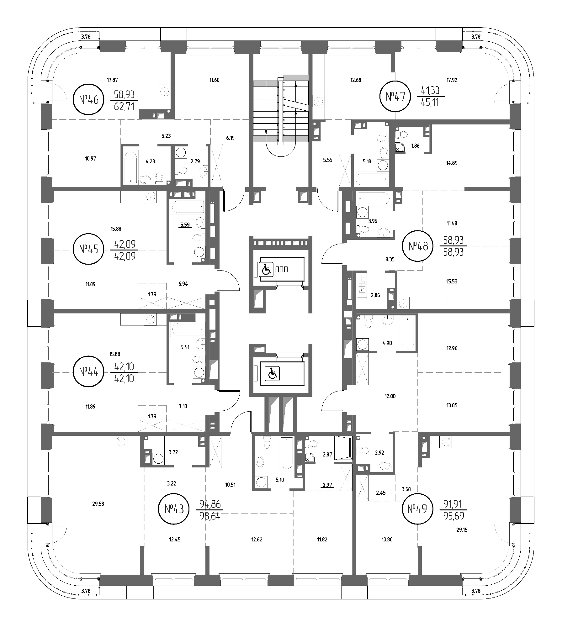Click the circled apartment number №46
point(88,100)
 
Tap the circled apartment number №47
point(395,96)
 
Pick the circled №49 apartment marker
point(417,509)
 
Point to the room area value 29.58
point(98,504)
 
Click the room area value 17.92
point(452,80)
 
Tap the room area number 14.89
point(452,163)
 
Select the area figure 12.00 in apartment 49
point(390,396)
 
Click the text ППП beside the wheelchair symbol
point(281,269)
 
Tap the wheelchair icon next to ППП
point(266,269)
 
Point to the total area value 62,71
point(124,107)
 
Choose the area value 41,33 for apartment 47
point(431,90)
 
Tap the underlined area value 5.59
point(185,225)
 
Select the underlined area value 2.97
point(327,485)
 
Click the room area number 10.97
point(91,159)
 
